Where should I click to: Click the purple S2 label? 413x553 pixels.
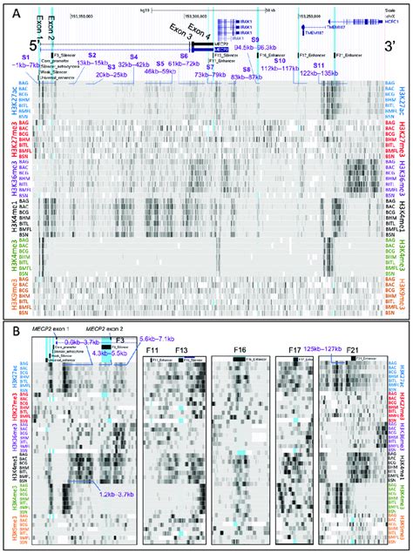91,55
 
